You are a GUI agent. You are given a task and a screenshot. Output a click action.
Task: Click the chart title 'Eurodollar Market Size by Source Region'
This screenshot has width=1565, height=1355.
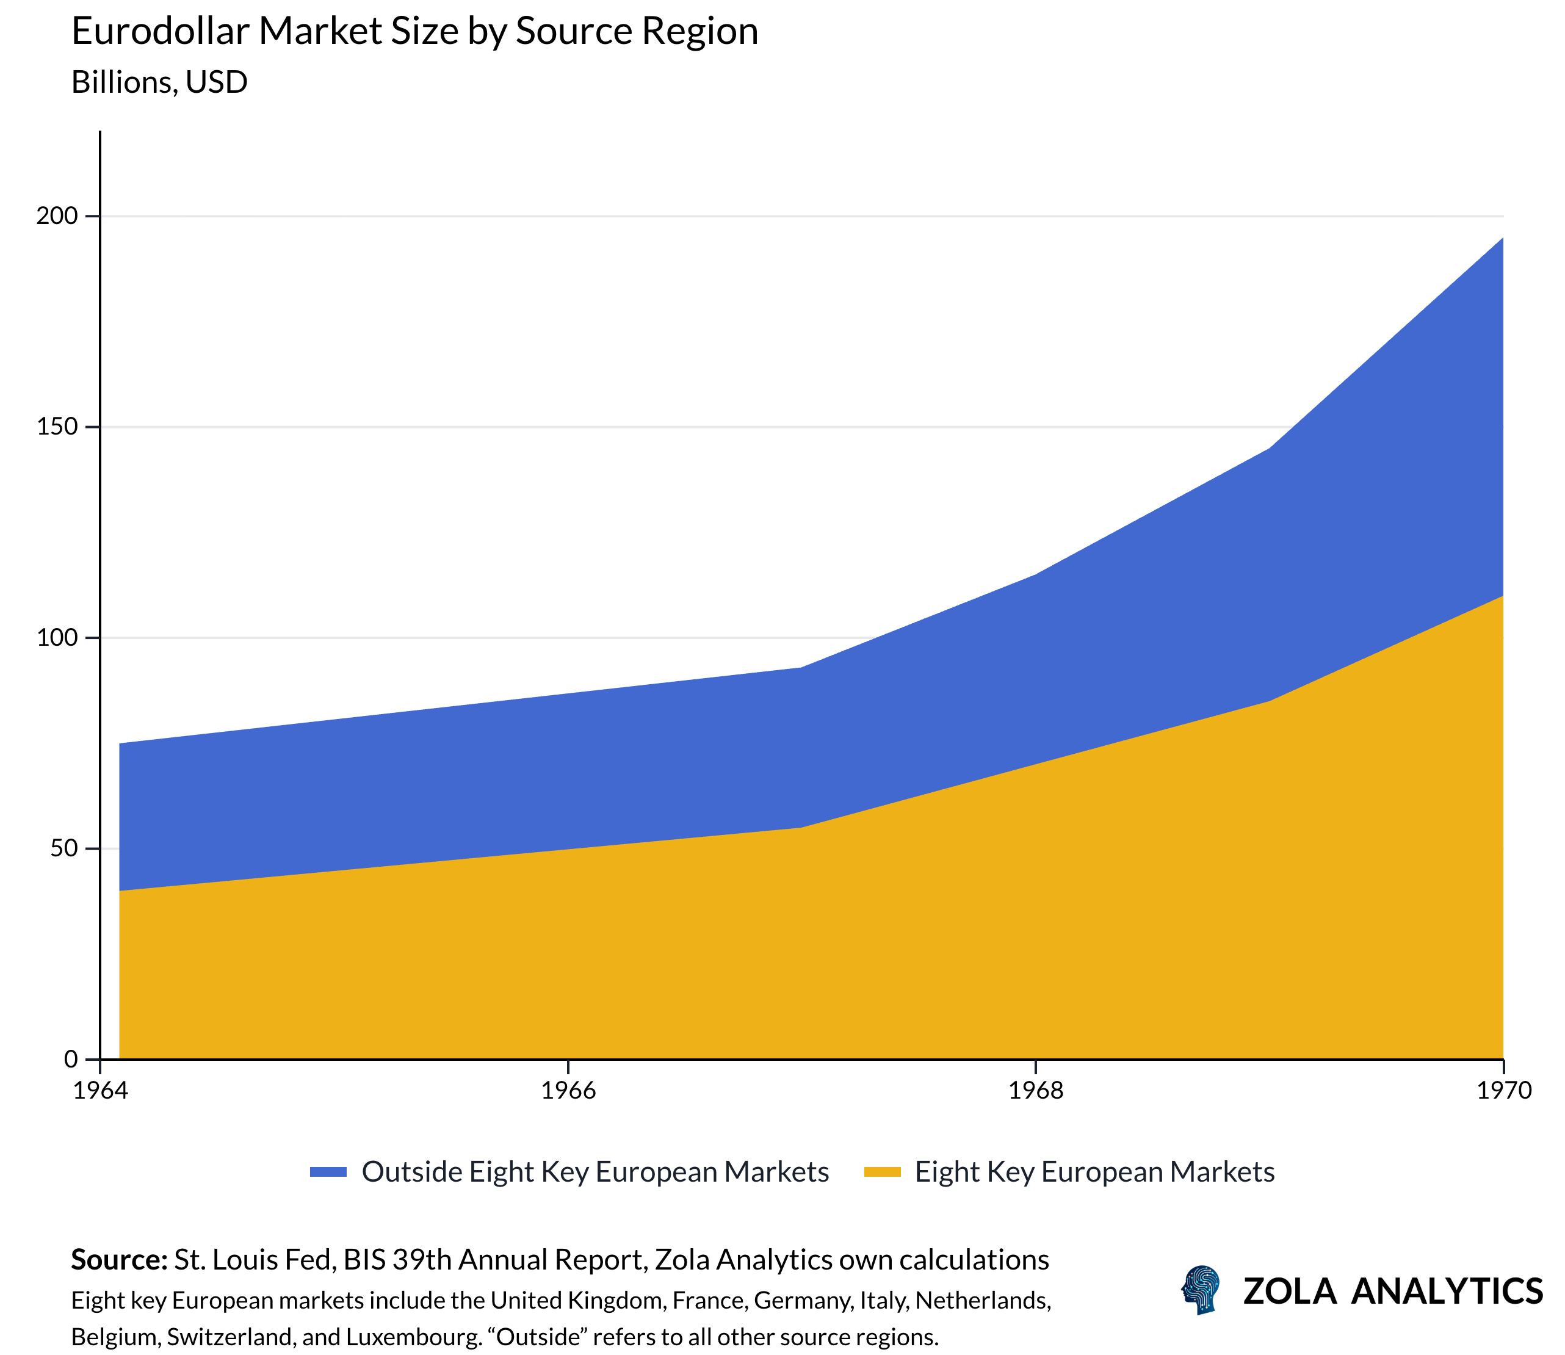click(x=414, y=32)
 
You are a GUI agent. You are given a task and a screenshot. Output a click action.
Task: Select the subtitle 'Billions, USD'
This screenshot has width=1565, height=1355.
click(x=159, y=82)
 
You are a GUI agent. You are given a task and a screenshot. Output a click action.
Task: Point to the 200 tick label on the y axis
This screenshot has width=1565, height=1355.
click(x=57, y=216)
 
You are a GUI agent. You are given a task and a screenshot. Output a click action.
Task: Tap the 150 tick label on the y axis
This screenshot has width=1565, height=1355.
click(x=57, y=427)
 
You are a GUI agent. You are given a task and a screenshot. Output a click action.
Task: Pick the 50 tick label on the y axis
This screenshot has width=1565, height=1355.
click(x=64, y=848)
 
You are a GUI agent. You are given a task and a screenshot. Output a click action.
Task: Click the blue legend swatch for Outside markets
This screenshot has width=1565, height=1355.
click(x=328, y=1172)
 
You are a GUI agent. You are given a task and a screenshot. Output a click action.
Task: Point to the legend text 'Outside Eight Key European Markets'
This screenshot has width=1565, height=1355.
click(x=595, y=1172)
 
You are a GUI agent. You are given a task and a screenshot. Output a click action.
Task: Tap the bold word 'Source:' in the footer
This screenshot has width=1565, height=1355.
click(x=118, y=1260)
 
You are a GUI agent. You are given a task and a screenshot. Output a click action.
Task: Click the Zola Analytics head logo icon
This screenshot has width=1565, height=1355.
click(x=1201, y=1290)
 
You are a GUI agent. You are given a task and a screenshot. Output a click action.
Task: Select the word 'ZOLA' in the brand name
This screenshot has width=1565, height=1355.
click(x=1290, y=1292)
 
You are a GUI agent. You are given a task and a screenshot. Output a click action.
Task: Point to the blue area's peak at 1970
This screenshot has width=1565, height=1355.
click(x=1502, y=239)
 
